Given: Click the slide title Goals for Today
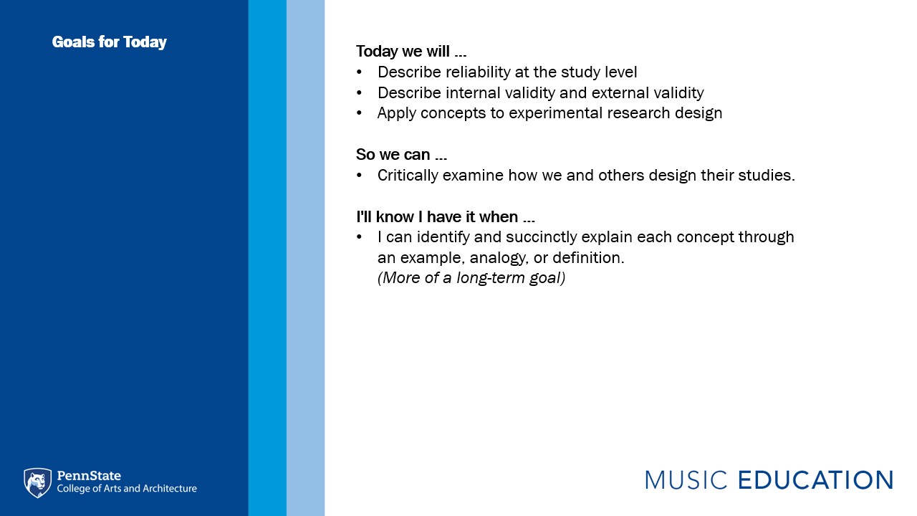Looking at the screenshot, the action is tap(110, 42).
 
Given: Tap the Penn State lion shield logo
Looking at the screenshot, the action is tap(38, 483).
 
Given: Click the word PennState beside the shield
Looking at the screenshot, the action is tap(89, 475).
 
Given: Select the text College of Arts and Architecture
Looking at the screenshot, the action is tap(127, 489).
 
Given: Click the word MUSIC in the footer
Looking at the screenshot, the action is tap(686, 480).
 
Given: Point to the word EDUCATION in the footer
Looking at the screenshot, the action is tap(815, 480).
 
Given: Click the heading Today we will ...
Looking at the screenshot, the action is tap(411, 52).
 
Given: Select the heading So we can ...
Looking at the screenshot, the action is tap(401, 155).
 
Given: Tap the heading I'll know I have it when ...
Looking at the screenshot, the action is tap(446, 216).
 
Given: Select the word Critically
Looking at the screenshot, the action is tap(408, 176).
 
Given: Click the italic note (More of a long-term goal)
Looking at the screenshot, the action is tap(471, 278).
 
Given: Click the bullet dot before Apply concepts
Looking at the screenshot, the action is tap(359, 113).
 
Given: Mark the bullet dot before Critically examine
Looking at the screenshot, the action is tap(359, 176).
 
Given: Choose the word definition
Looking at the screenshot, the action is tap(588, 258).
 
